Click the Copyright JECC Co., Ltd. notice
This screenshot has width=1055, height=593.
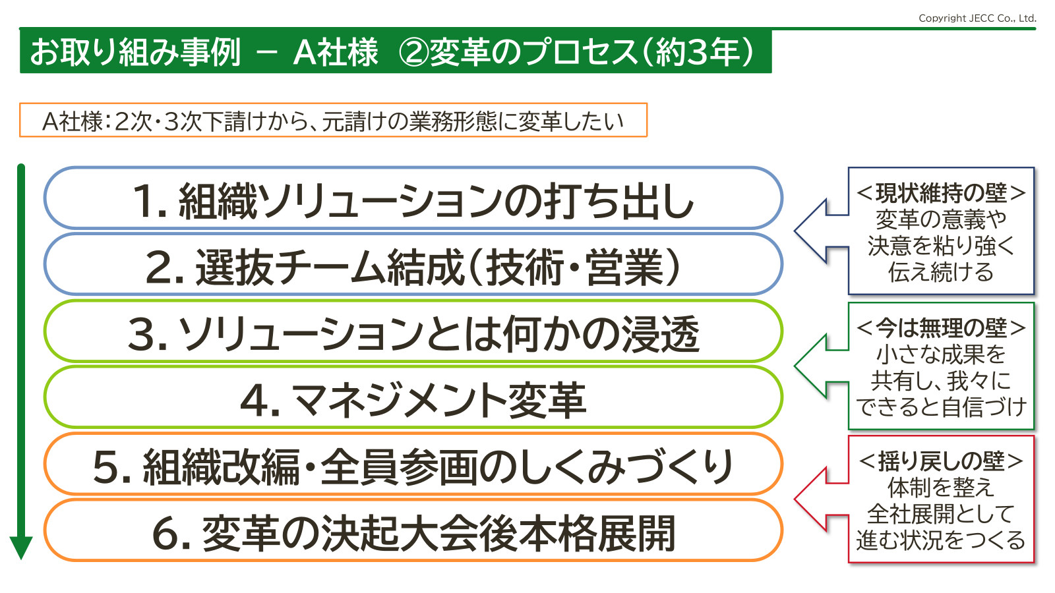point(977,18)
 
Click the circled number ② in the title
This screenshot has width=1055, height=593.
point(413,52)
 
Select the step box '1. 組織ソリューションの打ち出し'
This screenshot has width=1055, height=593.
point(413,198)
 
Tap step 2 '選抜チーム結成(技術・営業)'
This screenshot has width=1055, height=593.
point(413,264)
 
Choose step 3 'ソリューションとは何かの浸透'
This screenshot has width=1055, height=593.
point(413,331)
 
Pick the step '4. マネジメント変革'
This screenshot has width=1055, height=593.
point(413,398)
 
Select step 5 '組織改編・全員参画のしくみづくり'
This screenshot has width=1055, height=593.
point(413,465)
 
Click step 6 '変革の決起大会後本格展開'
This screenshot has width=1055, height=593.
point(413,531)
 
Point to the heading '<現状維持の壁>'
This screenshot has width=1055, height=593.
point(940,193)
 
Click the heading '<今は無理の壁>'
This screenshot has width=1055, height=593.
point(940,328)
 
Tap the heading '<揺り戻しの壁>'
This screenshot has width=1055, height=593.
point(940,461)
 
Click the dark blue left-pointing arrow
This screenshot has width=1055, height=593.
point(822,231)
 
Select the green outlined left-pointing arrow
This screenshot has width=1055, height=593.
point(822,366)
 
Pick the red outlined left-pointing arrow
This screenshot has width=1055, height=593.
point(822,499)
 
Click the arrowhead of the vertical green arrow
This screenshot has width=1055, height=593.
point(21,547)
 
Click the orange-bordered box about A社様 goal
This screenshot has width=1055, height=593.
point(334,120)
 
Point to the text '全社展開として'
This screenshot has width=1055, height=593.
point(940,513)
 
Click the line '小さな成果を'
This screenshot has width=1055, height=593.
point(940,354)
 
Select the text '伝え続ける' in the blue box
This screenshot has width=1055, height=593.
point(940,272)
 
